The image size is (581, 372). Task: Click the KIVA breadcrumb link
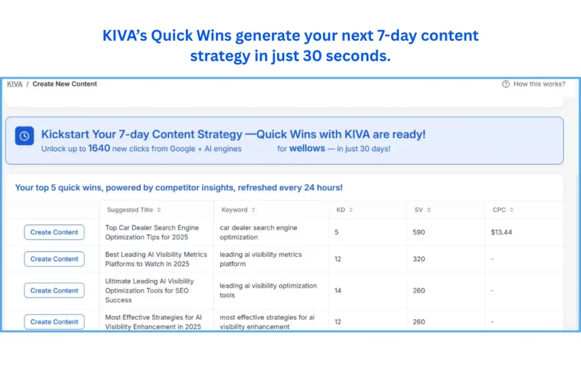tap(15, 84)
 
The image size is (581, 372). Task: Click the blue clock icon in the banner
tap(24, 136)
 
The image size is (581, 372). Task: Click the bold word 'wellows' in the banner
tap(307, 149)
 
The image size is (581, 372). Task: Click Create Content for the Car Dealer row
tap(54, 232)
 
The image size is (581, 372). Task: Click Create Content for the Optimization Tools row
tap(54, 290)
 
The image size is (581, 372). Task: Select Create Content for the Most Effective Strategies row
tap(54, 321)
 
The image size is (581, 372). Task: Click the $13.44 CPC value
tap(502, 232)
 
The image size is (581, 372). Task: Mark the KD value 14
tap(338, 290)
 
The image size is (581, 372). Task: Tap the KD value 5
tap(337, 232)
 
